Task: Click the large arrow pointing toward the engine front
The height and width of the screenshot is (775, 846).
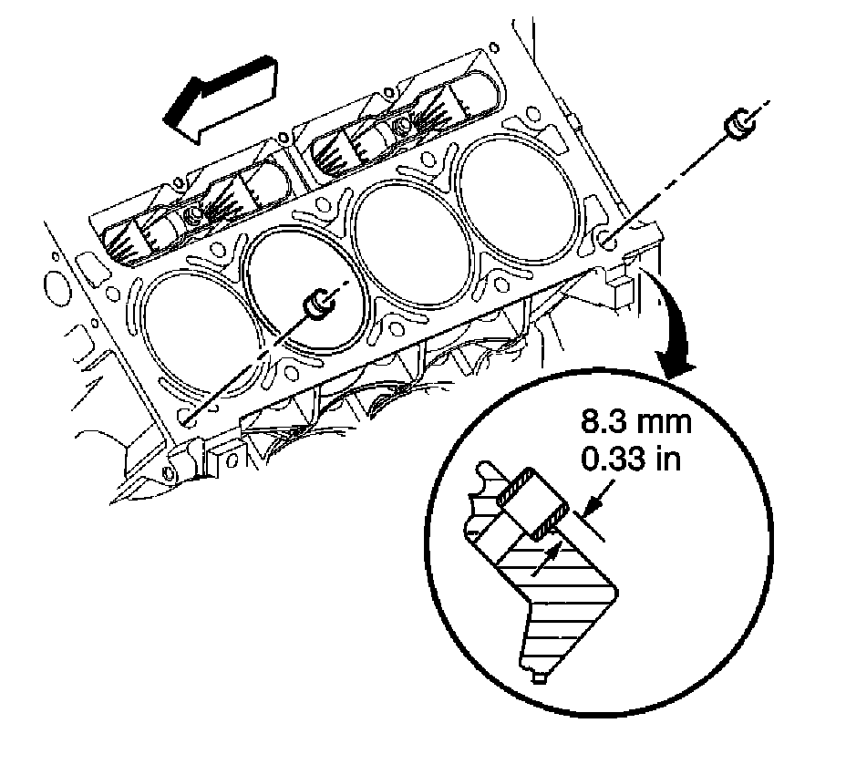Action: point(223,97)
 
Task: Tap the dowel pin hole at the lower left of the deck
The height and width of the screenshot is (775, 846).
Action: point(191,418)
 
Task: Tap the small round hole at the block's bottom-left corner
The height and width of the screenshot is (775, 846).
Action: point(167,473)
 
